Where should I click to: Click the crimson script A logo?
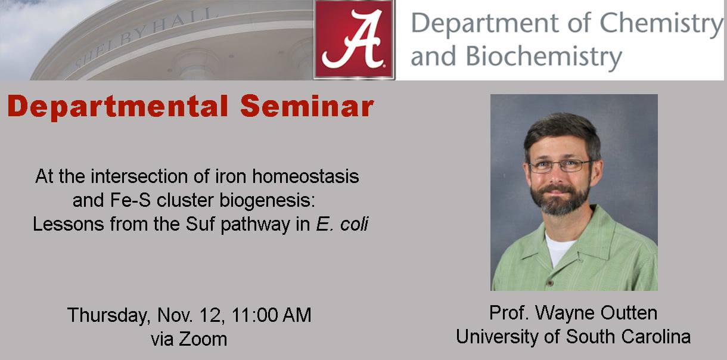click(354, 39)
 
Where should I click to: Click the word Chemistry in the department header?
click(661, 24)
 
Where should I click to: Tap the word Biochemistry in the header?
click(543, 56)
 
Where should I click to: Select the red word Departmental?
click(117, 107)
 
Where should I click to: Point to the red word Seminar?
click(307, 106)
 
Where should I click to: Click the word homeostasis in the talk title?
click(306, 176)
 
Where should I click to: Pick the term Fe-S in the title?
click(130, 200)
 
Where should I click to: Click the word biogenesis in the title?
click(267, 201)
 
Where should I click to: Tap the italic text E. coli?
click(342, 224)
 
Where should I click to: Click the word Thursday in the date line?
click(108, 315)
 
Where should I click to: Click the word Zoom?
click(203, 339)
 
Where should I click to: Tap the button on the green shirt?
click(550, 283)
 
